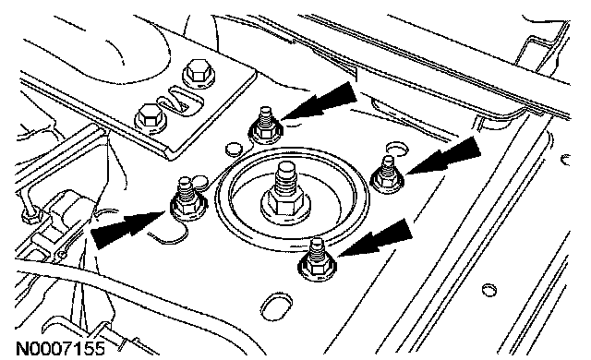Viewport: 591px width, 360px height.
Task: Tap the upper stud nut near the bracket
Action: click(x=266, y=129)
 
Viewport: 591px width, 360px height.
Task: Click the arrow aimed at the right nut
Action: click(x=444, y=155)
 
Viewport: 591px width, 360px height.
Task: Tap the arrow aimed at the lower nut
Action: click(x=376, y=238)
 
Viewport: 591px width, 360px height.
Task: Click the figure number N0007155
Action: click(x=60, y=348)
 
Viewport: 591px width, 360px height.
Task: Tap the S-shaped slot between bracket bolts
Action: click(x=180, y=102)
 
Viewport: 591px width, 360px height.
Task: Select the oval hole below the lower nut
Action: click(x=277, y=306)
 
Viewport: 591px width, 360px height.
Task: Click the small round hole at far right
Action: click(x=488, y=290)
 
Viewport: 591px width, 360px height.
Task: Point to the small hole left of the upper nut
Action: click(x=234, y=150)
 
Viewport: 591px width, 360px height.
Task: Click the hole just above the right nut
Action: click(x=397, y=148)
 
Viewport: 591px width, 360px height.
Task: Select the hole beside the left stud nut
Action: click(x=200, y=183)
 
